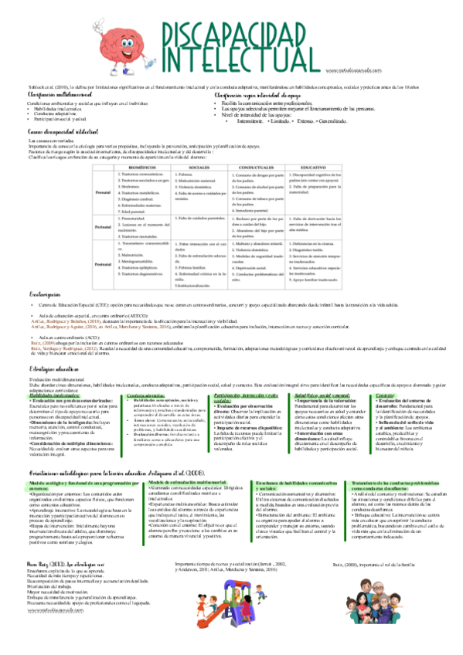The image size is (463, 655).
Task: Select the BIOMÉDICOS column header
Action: click(x=141, y=166)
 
